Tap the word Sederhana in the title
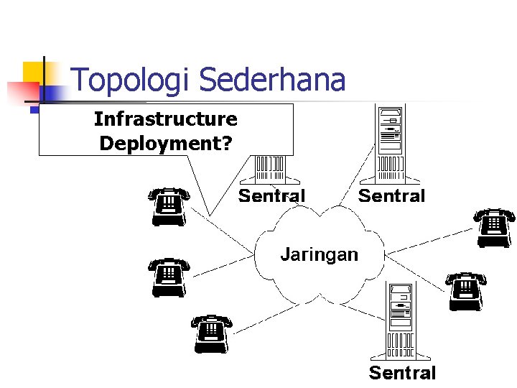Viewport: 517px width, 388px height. tap(272, 80)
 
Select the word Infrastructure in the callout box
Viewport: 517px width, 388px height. tap(165, 119)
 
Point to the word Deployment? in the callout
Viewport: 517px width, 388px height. tap(165, 143)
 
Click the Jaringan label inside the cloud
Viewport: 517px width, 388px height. tap(319, 254)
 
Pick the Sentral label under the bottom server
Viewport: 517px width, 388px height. tap(402, 372)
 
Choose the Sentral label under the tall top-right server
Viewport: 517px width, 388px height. tap(391, 195)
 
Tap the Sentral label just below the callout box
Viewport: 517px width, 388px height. tap(271, 195)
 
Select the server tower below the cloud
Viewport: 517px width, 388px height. tap(401, 320)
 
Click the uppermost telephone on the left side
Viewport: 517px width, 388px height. tap(169, 206)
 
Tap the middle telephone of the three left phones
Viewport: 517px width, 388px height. tap(169, 277)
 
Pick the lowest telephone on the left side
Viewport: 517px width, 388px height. tap(212, 333)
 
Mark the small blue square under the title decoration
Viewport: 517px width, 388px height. tap(34, 111)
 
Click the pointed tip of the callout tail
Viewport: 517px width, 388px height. tap(209, 213)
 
